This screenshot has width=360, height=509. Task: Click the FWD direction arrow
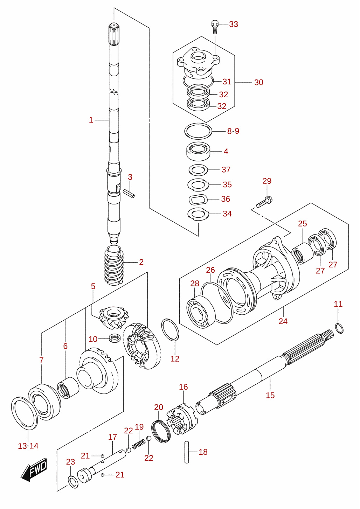tap(34, 470)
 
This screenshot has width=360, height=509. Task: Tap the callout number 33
tap(234, 24)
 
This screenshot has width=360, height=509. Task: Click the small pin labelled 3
tap(129, 194)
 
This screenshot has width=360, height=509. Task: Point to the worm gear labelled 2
tap(114, 265)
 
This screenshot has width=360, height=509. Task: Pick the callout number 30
tap(259, 82)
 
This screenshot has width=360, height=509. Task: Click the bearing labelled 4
tap(198, 151)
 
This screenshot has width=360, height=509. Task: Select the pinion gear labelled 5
tap(114, 317)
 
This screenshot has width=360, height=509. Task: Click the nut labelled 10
tap(114, 338)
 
